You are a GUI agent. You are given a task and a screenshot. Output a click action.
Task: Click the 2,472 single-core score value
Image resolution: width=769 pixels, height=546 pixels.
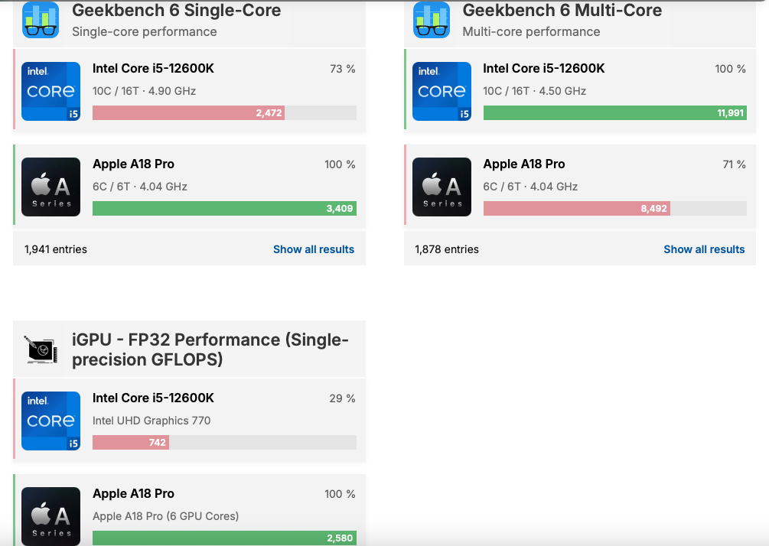click(x=269, y=113)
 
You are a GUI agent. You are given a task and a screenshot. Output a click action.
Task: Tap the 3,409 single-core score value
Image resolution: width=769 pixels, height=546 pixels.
click(x=340, y=208)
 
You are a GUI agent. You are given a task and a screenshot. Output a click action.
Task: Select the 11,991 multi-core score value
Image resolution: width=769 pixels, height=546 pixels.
click(x=731, y=113)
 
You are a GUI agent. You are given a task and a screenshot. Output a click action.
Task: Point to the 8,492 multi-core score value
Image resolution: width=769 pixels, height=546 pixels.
click(x=653, y=208)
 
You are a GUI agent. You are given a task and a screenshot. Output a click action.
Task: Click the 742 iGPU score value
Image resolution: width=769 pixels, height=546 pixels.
click(x=157, y=443)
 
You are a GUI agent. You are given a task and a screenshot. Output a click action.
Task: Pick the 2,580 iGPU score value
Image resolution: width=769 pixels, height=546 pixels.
click(x=340, y=538)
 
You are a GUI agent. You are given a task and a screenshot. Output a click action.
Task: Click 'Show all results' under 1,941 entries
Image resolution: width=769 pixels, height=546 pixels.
click(x=314, y=249)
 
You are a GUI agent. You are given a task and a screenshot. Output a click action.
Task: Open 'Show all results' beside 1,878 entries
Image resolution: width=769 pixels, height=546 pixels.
click(x=704, y=249)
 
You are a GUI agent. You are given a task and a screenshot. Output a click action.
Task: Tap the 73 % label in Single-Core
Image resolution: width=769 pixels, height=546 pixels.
click(x=342, y=69)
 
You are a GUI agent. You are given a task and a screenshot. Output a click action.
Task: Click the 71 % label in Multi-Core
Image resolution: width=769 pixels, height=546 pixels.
click(x=734, y=164)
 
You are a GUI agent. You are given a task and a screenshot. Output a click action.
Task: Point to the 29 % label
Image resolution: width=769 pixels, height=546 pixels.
click(x=342, y=398)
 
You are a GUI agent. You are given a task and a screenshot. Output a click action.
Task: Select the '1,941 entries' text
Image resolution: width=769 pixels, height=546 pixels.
click(x=56, y=249)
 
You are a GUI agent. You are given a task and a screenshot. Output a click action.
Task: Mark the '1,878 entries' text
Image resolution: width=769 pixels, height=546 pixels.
click(x=447, y=249)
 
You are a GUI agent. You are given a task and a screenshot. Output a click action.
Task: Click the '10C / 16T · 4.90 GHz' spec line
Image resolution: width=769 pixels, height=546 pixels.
click(x=144, y=91)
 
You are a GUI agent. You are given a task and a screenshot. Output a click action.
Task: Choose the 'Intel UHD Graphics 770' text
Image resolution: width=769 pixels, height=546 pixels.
click(x=152, y=421)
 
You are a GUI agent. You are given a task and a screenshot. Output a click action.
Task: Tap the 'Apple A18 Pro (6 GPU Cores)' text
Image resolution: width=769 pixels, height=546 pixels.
click(x=165, y=516)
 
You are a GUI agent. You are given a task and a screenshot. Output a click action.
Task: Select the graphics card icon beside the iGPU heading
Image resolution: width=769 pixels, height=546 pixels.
click(x=41, y=349)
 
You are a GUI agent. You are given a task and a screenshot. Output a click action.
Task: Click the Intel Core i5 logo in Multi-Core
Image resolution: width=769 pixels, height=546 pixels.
click(x=442, y=91)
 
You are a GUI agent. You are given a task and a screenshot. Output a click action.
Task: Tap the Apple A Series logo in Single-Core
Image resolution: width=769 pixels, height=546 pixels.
click(x=51, y=187)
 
